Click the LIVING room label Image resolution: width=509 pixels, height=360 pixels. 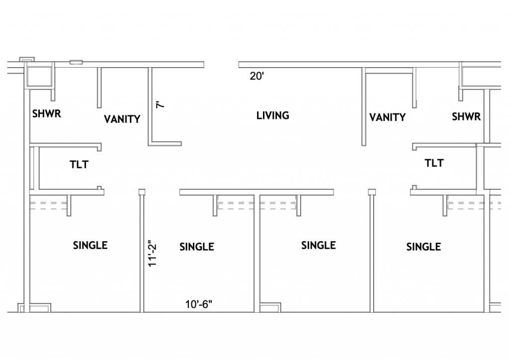pos(273,115)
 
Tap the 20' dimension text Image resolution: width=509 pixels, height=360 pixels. pos(257,76)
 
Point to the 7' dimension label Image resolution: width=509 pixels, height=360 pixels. pos(161,104)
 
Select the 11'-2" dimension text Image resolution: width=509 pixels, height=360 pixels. pos(152,254)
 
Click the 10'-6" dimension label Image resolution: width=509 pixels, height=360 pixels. pos(199,304)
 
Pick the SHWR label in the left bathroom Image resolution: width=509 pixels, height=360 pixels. pos(47,114)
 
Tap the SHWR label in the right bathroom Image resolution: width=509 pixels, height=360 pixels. pos(466,116)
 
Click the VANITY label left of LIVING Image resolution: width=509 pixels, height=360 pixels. pos(122,119)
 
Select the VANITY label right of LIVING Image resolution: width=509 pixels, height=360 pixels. pos(388,117)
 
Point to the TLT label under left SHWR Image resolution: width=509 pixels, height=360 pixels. pos(79,165)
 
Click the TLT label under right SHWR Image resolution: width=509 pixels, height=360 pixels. pos(434,163)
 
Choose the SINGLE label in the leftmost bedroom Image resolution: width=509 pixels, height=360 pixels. pos(90,246)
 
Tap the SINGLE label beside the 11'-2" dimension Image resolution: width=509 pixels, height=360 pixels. pos(197,247)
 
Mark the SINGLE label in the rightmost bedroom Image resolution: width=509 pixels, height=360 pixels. pos(424,247)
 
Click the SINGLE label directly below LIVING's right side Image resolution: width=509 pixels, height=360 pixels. pos(319,246)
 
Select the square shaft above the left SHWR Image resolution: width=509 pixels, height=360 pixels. pos(39,76)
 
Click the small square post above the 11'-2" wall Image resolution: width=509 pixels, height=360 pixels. pos(142,192)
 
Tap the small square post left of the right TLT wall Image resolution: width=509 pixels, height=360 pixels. pos(372,192)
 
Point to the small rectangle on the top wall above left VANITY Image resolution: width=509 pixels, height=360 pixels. pos(76,62)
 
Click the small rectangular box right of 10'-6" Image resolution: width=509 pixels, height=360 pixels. pos(270,307)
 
